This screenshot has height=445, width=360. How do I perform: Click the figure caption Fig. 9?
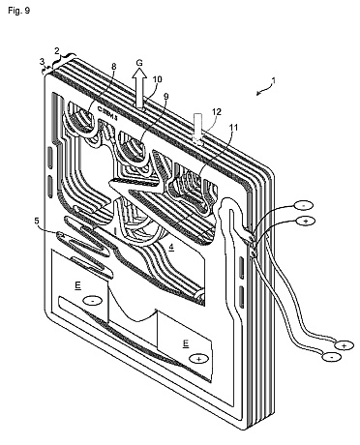click(x=18, y=11)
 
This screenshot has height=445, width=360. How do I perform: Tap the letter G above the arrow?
click(x=139, y=63)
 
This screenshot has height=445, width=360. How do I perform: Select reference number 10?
click(x=158, y=79)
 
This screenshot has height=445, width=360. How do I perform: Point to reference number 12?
click(x=217, y=112)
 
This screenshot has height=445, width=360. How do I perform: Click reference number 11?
click(x=233, y=128)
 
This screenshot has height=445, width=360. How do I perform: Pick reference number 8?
click(x=113, y=67)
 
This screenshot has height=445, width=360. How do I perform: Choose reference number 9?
click(x=166, y=96)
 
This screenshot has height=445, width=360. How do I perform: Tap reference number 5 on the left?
click(x=37, y=221)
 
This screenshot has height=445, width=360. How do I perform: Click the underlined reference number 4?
click(x=171, y=247)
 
